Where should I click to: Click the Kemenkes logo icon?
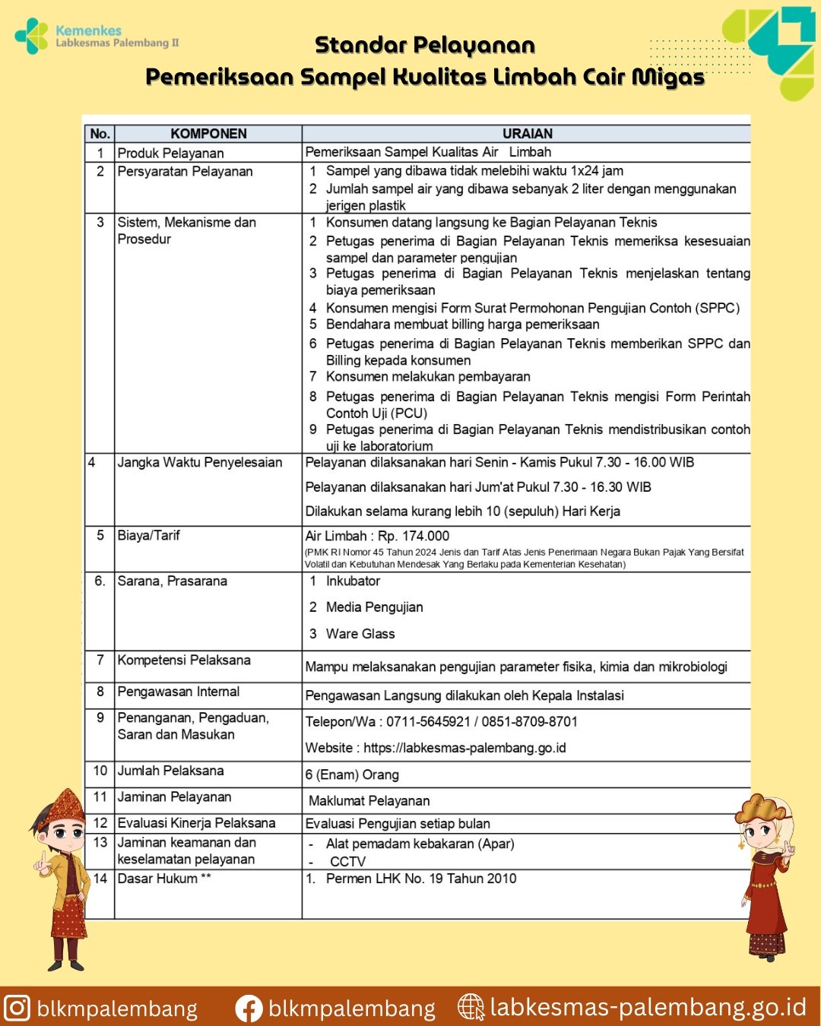(32, 36)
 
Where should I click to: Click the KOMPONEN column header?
(208, 134)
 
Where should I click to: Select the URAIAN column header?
(527, 134)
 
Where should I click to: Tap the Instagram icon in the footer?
(17, 1008)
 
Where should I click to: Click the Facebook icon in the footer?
(249, 1009)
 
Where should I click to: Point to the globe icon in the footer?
(471, 1008)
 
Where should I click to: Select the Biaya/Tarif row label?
(148, 536)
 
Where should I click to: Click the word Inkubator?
(353, 581)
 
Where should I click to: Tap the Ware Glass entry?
(360, 634)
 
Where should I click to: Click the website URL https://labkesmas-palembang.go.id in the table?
(464, 748)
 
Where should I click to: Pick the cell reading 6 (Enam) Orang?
(352, 775)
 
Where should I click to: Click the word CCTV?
(347, 862)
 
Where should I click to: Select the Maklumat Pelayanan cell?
(369, 801)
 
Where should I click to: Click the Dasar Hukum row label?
(163, 879)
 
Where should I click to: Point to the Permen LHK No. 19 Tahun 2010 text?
(420, 879)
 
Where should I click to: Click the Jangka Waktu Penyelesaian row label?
(199, 463)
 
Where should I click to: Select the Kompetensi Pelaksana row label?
(184, 660)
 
